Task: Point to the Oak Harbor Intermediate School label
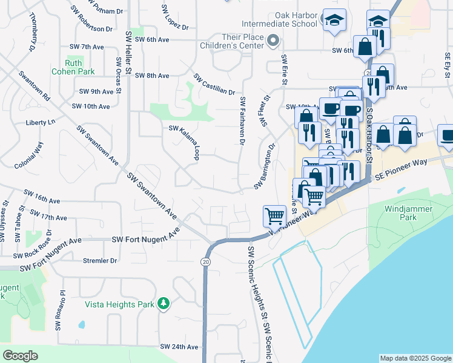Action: [279, 19]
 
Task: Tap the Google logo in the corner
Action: [20, 355]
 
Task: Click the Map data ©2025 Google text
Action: [415, 358]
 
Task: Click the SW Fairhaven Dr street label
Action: [242, 121]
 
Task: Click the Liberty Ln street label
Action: [40, 122]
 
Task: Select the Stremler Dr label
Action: [99, 261]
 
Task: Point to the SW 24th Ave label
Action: [179, 347]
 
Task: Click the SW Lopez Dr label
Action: [175, 18]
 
